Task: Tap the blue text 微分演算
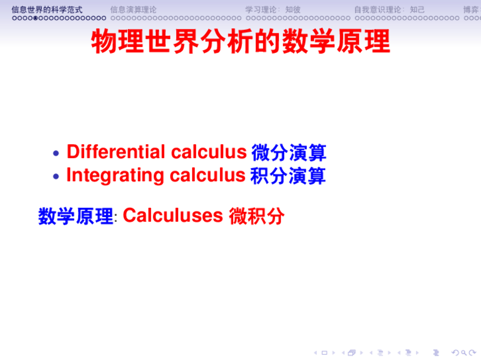pyautogui.click(x=288, y=153)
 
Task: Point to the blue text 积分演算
pyautogui.click(x=287, y=176)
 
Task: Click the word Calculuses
pyautogui.click(x=172, y=215)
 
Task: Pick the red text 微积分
pyautogui.click(x=256, y=216)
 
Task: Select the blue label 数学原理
pyautogui.click(x=76, y=216)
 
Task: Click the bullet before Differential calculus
pyautogui.click(x=56, y=153)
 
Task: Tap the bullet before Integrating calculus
pyautogui.click(x=56, y=176)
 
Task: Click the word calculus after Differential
pyautogui.click(x=209, y=152)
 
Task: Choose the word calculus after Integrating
pyautogui.click(x=208, y=175)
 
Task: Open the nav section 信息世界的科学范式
pyautogui.click(x=47, y=9)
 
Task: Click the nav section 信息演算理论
pyautogui.click(x=133, y=9)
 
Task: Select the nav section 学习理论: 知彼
pyautogui.click(x=273, y=9)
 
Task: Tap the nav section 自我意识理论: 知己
pyautogui.click(x=389, y=9)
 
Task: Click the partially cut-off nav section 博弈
pyautogui.click(x=471, y=9)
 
